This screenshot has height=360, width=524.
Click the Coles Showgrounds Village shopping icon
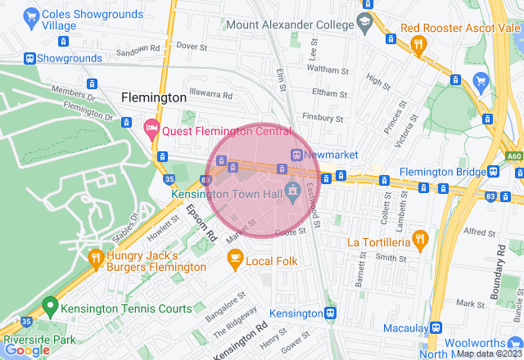tap(32, 16)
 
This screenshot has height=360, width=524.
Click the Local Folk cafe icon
tap(235, 260)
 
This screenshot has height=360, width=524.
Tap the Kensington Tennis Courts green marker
tap(49, 308)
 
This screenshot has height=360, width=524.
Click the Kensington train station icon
tap(331, 313)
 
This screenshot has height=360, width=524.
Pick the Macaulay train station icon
tap(436, 327)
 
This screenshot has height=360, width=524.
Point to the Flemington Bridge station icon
tap(491, 172)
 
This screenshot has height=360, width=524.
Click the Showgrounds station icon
tap(30, 58)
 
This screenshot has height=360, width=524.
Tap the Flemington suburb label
tap(154, 97)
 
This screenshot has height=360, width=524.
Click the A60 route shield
tap(513, 155)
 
